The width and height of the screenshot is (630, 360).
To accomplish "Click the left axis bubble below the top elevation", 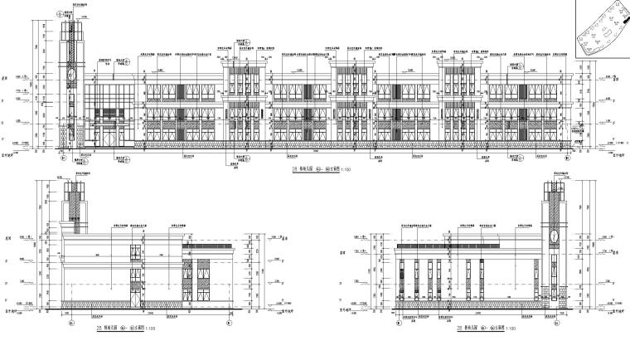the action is pos(65,157).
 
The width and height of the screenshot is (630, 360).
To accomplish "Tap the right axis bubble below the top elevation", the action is pos(567,157).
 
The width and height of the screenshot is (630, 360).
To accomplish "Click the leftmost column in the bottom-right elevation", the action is pos(404,282).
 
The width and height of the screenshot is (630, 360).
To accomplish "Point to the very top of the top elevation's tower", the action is pos(70,12).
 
